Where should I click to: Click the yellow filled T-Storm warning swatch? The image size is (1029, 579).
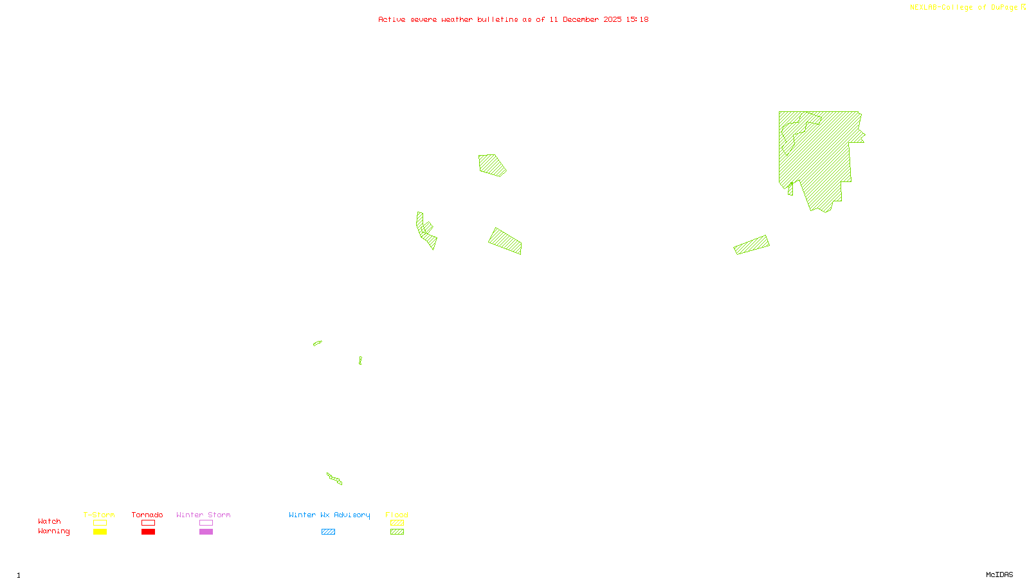click(x=100, y=532)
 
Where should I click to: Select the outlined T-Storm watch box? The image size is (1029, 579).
click(x=100, y=523)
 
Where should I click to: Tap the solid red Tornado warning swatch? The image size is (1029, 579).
click(x=148, y=532)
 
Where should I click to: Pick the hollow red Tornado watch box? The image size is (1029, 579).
click(x=148, y=523)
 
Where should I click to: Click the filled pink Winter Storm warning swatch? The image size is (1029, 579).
click(x=206, y=532)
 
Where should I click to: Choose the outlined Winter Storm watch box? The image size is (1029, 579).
click(x=206, y=523)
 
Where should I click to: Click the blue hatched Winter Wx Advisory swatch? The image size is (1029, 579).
click(x=328, y=532)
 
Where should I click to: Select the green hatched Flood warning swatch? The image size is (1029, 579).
click(x=397, y=532)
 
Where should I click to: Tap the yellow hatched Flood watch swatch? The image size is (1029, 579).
click(x=397, y=523)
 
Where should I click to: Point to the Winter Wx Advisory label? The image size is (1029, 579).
click(x=329, y=515)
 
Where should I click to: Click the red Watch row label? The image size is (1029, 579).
click(x=50, y=521)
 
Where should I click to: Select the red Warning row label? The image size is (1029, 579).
click(x=53, y=531)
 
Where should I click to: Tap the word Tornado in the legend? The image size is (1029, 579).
click(x=147, y=515)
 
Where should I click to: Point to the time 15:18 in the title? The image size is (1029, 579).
click(x=637, y=19)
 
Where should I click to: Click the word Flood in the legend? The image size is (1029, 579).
click(x=397, y=515)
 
